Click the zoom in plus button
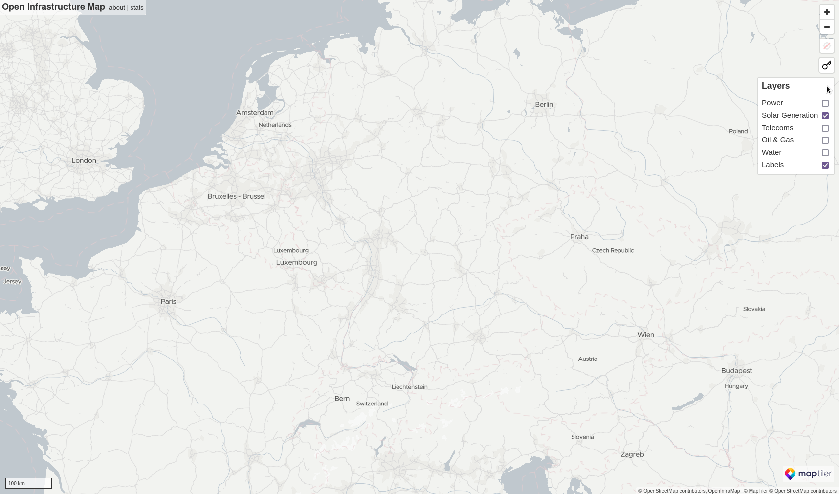pos(827,12)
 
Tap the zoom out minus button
pos(827,27)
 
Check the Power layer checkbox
pos(825,103)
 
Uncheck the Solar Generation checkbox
pos(825,116)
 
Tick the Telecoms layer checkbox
pos(825,128)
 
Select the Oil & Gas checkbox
pos(825,140)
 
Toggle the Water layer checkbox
pos(825,153)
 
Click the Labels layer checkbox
pos(825,165)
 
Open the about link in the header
pos(117,8)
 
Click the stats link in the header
pos(137,8)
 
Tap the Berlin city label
pos(544,105)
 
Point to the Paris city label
pos(168,301)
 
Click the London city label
pos(84,161)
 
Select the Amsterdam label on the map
pos(255,113)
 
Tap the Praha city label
pos(579,237)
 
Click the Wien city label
pos(646,335)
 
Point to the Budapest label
pos(736,371)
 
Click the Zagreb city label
pos(632,454)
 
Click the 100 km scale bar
pos(29,483)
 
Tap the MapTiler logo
pos(808,474)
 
